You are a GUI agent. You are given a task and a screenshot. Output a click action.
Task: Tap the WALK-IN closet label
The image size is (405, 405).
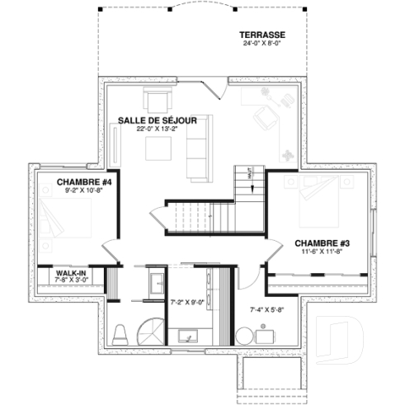(72, 271)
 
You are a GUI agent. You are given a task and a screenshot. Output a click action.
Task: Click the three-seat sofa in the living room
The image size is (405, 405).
(196, 148)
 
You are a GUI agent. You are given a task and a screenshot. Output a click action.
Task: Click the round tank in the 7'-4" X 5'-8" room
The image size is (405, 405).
(244, 337)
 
